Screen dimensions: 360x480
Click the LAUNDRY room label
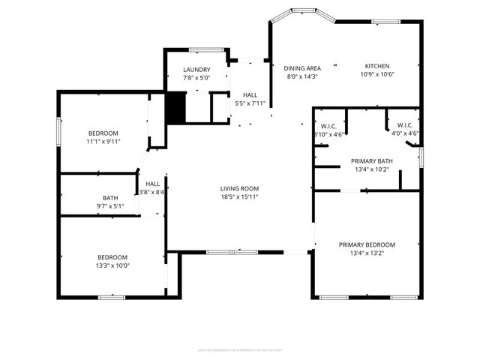click(x=196, y=70)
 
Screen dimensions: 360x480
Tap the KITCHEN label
click(x=377, y=65)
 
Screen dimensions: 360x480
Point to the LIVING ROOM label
click(x=239, y=188)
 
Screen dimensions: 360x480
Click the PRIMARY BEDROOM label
click(x=367, y=244)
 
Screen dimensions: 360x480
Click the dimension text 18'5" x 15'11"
click(x=239, y=197)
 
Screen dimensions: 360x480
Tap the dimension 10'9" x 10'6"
click(x=377, y=74)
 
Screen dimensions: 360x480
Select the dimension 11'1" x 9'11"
click(x=103, y=140)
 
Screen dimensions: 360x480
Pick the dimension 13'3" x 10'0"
click(x=112, y=265)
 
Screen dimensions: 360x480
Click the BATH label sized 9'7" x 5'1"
click(x=110, y=198)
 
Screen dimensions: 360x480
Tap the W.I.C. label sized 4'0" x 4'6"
click(x=405, y=125)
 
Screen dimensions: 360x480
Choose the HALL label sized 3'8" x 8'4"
click(x=152, y=184)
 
